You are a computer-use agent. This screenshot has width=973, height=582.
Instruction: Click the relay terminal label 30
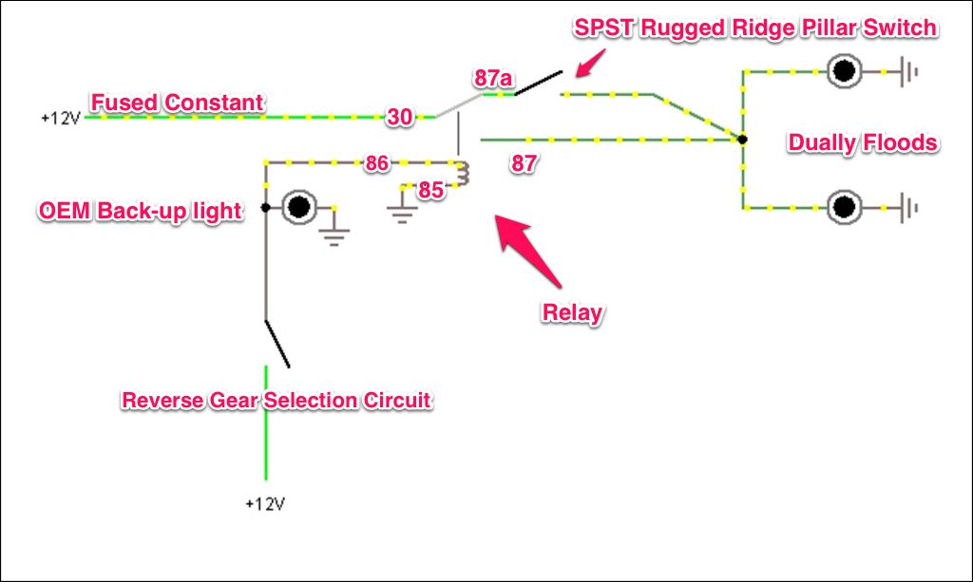point(399,118)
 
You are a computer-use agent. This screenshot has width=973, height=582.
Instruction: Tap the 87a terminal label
point(493,79)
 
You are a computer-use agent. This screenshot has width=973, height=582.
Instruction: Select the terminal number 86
point(377,163)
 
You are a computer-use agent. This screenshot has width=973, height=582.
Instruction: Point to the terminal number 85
point(431,190)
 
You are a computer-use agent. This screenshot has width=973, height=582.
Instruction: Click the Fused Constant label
point(177,102)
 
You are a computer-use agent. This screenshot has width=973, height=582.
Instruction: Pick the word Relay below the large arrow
point(572,312)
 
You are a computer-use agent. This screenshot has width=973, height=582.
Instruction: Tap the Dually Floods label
point(863,143)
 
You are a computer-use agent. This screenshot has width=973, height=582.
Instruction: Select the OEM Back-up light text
point(140,211)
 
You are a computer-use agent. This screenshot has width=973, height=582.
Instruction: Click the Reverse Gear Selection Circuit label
point(277,400)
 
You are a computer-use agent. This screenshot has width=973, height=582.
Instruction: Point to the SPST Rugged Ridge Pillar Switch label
point(755,28)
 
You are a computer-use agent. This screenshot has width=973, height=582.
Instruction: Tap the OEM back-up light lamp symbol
point(300,206)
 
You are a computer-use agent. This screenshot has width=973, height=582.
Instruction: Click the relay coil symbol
point(463,174)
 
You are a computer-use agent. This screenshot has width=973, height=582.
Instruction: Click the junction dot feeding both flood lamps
point(742,140)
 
